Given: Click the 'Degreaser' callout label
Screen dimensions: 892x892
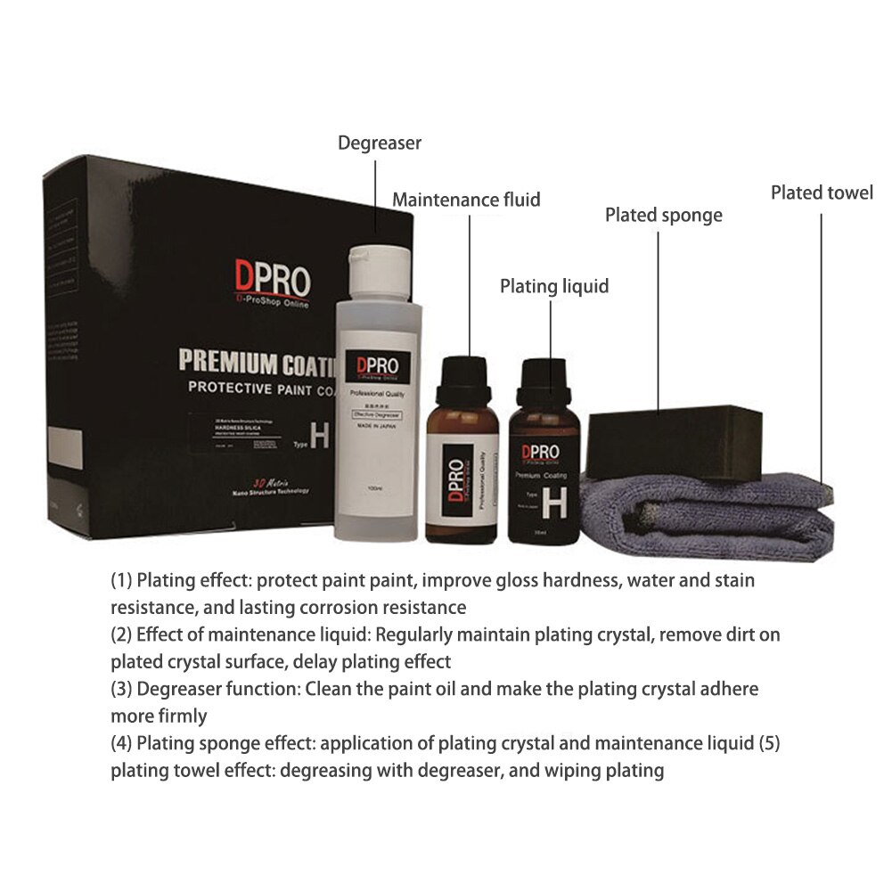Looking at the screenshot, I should pyautogui.click(x=379, y=143).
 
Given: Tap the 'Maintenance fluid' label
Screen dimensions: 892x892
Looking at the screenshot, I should pyautogui.click(x=466, y=200).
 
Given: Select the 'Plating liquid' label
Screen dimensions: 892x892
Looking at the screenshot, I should pyautogui.click(x=553, y=286).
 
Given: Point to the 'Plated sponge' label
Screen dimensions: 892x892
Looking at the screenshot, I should pyautogui.click(x=663, y=216).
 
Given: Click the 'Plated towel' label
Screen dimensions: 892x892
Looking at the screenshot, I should pyautogui.click(x=822, y=192).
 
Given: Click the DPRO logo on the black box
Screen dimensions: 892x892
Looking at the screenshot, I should pyautogui.click(x=272, y=278).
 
